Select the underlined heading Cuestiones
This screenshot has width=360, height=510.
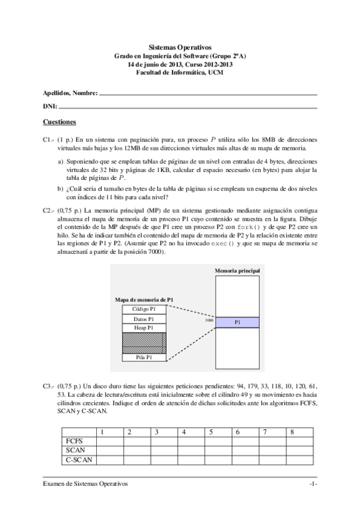coord(59,122)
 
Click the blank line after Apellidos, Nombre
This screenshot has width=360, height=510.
coord(207,93)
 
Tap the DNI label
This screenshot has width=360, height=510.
coord(49,106)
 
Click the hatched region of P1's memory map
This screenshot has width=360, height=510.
coord(144,343)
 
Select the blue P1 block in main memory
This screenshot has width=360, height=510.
coord(238,322)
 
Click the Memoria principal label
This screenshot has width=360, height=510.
coord(237,271)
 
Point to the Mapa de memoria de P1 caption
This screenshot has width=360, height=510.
coord(144,299)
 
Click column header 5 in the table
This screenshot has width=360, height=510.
coord(210,432)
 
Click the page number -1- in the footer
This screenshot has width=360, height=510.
coord(313,484)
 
